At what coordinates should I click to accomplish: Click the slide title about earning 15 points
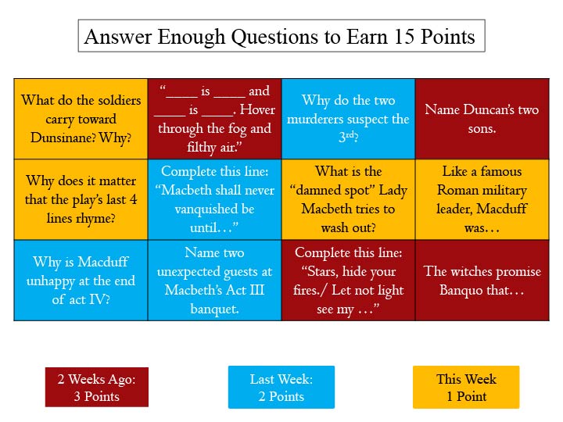(x=281, y=37)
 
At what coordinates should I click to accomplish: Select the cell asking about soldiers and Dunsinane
(x=81, y=119)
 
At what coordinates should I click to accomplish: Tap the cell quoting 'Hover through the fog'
(x=214, y=119)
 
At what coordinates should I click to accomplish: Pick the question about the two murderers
(x=348, y=119)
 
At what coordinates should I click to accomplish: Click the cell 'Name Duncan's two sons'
(x=482, y=119)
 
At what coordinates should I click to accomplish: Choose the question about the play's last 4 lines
(x=81, y=199)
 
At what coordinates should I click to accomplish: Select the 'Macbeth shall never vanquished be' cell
(x=214, y=199)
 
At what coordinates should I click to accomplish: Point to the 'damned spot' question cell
(x=348, y=199)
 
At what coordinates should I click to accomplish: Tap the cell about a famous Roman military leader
(x=482, y=199)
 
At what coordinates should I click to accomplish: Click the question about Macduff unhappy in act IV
(x=81, y=280)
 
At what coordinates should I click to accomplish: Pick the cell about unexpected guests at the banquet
(x=214, y=280)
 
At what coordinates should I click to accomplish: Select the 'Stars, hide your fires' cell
(x=348, y=280)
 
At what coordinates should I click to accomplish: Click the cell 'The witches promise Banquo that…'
(x=482, y=280)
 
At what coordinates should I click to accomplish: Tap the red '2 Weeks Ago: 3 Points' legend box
(x=96, y=388)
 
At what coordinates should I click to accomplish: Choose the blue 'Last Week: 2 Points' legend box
(x=281, y=388)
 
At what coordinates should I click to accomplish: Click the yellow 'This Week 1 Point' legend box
(x=466, y=388)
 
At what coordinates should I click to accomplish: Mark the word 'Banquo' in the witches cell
(x=444, y=290)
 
